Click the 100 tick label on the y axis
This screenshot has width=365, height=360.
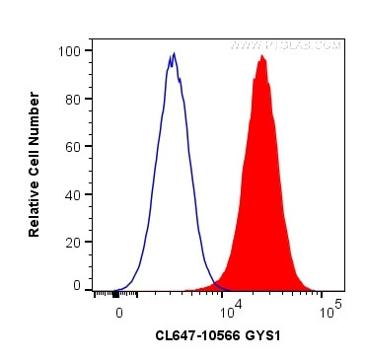click(x=71, y=50)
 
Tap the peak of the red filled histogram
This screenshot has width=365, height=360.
click(x=261, y=56)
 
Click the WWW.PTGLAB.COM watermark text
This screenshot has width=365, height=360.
click(x=286, y=45)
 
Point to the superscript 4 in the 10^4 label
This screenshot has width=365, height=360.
click(x=235, y=304)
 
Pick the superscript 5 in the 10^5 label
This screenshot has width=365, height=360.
click(x=339, y=304)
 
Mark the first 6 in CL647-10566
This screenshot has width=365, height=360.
click(x=182, y=335)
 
